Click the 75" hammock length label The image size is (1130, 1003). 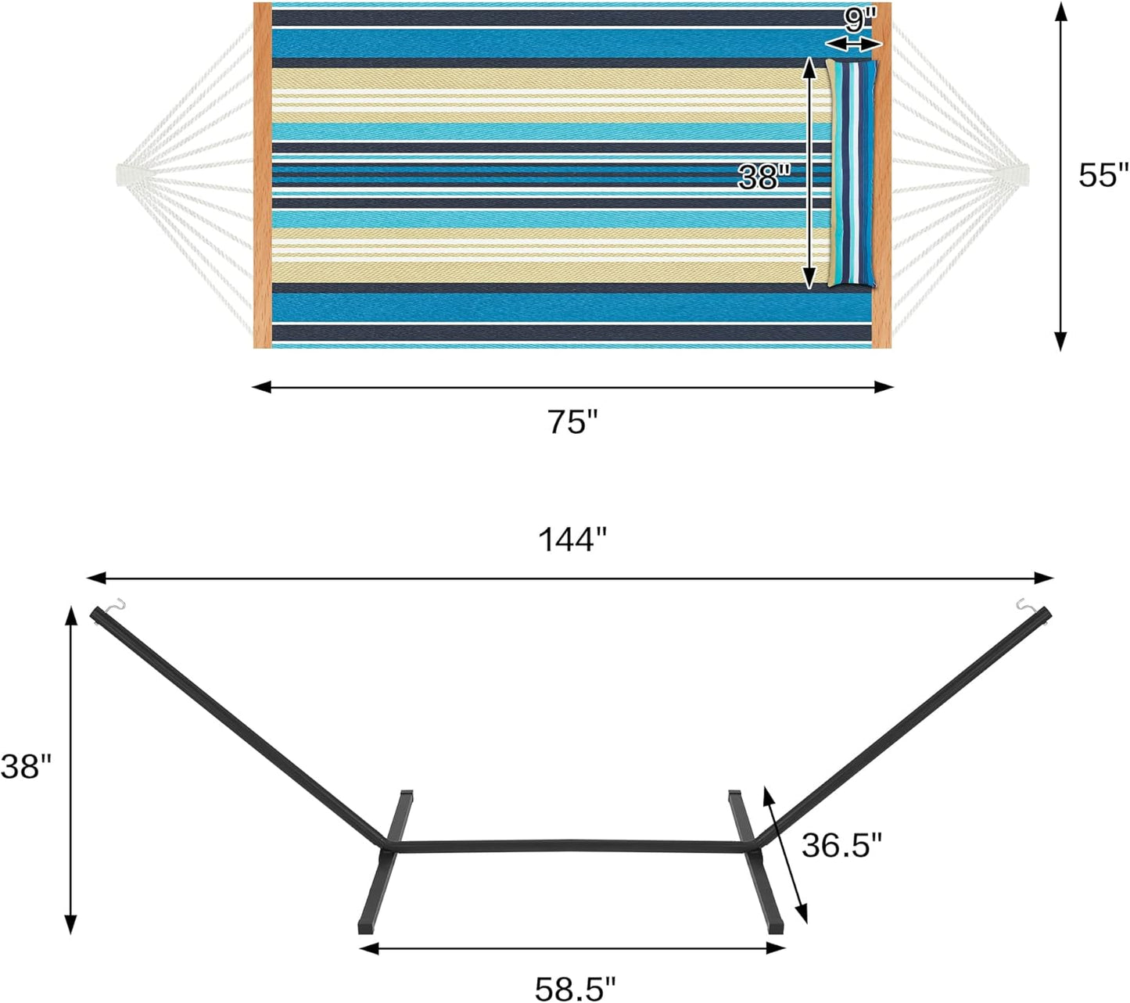pos(572,423)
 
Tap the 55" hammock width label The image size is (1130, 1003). pos(1103,175)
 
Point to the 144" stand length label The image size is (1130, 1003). pos(572,539)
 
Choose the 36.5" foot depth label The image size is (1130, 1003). pos(841,845)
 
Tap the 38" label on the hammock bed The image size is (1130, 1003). pos(760,177)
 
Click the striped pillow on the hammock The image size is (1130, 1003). pos(852,174)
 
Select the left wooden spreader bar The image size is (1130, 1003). pos(262,175)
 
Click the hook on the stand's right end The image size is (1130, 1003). pos(1025,605)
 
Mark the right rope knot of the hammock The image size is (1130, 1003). pos(1017,175)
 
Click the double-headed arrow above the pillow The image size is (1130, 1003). pos(852,45)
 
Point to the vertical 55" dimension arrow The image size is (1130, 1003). pos(1060,175)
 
